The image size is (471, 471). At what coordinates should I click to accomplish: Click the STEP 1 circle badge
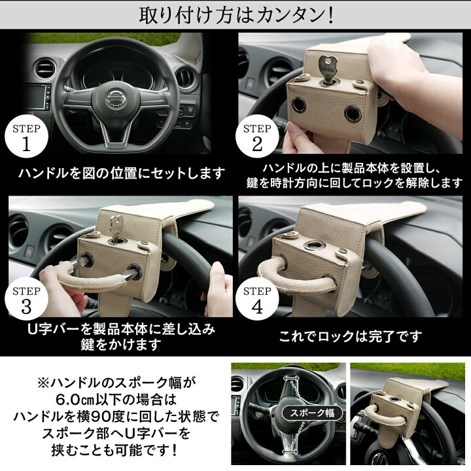[26, 137]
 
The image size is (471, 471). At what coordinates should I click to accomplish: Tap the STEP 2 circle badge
[257, 137]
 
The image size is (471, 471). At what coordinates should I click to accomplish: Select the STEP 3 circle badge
[26, 299]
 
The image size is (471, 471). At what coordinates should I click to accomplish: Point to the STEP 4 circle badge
[257, 299]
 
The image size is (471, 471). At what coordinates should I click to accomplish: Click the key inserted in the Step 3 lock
[116, 227]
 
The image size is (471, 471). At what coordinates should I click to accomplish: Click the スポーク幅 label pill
[312, 413]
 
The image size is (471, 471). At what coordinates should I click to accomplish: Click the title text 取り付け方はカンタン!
[236, 16]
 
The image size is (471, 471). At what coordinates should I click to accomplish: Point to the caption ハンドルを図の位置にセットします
[122, 173]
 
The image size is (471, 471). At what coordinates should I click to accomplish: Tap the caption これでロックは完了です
[350, 336]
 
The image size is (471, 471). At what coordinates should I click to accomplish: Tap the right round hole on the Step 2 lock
[353, 114]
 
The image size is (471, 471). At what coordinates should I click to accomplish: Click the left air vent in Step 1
[45, 68]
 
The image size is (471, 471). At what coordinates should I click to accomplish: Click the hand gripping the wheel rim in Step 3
[218, 288]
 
